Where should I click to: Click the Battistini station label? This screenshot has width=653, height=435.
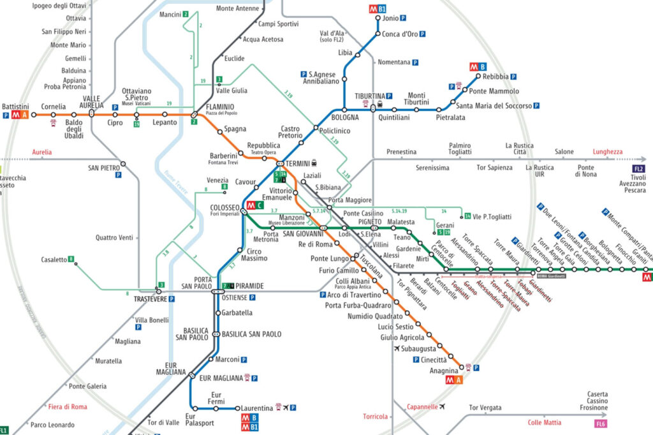[15, 106]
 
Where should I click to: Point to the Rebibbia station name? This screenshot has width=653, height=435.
[495, 77]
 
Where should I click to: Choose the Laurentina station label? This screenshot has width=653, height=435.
[255, 408]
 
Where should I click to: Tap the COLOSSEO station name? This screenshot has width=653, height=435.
[224, 208]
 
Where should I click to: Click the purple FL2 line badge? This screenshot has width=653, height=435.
[639, 169]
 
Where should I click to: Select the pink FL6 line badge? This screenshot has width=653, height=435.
[600, 423]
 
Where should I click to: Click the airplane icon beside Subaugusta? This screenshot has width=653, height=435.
[398, 349]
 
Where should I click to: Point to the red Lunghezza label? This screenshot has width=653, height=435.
[606, 152]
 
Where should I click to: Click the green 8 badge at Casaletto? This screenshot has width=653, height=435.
[71, 260]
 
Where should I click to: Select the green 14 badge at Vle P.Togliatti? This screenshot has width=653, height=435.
[467, 216]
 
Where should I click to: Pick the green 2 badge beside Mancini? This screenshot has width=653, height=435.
[186, 14]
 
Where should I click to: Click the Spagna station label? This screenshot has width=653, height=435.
[235, 129]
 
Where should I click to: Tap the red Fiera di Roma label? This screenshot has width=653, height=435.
[67, 407]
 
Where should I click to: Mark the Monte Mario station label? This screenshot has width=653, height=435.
[68, 45]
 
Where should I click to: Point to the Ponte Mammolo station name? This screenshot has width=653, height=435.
[495, 91]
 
